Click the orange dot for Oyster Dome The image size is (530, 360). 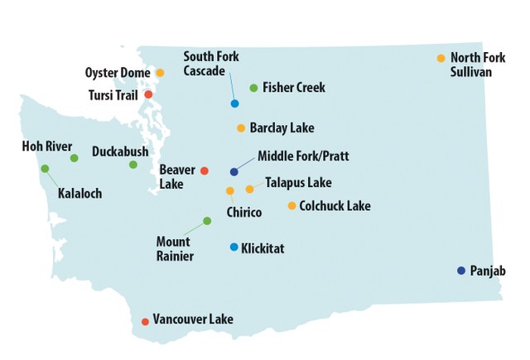[x=160, y=73]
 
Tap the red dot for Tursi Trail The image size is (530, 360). [x=148, y=94]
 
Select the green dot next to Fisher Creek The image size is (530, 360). [x=253, y=88]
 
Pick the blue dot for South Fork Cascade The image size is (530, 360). [x=235, y=103]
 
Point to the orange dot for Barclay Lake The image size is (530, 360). [x=241, y=128]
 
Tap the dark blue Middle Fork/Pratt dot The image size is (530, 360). [x=234, y=172]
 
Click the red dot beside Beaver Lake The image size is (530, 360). [x=205, y=170]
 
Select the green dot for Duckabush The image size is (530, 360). [x=132, y=165]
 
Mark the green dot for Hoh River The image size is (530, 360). [x=74, y=157]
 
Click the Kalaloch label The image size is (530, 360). [x=79, y=194]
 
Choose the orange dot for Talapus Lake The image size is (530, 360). [x=249, y=190]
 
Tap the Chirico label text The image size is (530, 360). [x=243, y=213]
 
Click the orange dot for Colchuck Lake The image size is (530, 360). [x=291, y=206]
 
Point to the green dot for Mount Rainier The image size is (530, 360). [x=207, y=220]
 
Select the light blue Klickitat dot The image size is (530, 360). [x=234, y=247]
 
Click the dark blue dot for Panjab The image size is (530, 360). [x=460, y=271]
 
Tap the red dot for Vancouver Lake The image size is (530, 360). [x=145, y=321]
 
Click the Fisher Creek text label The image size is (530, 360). [x=293, y=88]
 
